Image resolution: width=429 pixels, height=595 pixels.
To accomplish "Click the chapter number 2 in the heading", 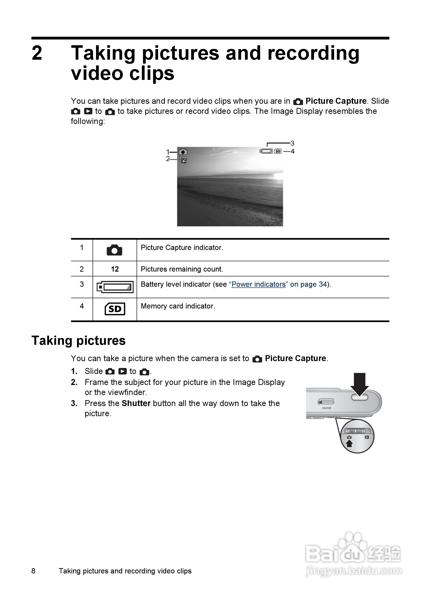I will (x=37, y=53).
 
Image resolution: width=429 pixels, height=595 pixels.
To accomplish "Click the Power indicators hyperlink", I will (x=258, y=284).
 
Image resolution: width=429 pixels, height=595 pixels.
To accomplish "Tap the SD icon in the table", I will (x=115, y=309).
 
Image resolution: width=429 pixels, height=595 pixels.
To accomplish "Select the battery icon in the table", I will (x=115, y=287).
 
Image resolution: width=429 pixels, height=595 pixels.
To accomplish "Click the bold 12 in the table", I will (x=115, y=269).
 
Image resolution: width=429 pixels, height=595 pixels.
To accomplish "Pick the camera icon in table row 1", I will (x=114, y=250).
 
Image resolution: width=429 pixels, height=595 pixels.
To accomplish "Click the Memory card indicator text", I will (x=178, y=306).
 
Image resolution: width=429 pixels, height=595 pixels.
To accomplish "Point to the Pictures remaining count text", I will (x=182, y=269).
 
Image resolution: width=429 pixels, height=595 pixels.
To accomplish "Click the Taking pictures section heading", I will (x=79, y=341).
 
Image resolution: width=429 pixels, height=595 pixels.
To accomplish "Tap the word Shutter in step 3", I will (x=136, y=403).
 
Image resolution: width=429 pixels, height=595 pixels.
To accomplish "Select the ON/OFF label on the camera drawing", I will (x=327, y=408).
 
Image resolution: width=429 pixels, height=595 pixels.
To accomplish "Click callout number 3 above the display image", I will (x=292, y=143).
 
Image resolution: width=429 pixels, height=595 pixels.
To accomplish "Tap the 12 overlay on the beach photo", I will (x=183, y=160).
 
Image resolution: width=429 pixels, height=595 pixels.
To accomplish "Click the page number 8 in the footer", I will (x=33, y=571).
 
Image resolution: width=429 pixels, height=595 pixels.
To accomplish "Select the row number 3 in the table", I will (x=82, y=284).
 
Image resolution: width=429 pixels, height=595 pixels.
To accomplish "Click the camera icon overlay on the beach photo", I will (x=183, y=152).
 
